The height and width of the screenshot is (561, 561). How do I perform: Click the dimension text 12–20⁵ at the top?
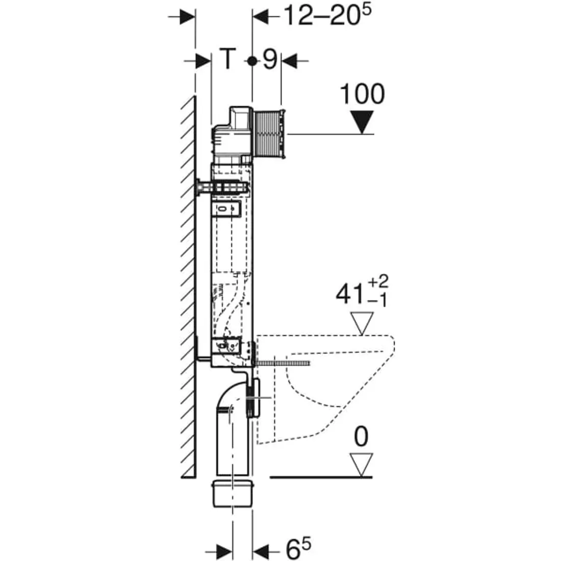[x=327, y=15]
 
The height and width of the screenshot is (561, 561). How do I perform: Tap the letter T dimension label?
[x=227, y=59]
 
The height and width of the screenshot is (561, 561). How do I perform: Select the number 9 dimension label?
[x=270, y=59]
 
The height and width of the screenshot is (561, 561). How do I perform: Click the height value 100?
[x=362, y=94]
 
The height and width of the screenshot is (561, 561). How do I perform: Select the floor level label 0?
[x=361, y=437]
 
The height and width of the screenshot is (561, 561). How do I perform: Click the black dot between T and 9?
[x=252, y=61]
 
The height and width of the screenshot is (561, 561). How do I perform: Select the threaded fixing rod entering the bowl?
[x=283, y=364]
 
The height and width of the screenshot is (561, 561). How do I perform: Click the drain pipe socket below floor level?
[x=233, y=494]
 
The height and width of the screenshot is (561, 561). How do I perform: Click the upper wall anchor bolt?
[x=222, y=187]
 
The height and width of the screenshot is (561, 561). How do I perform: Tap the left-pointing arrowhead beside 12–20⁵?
[x=261, y=16]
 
